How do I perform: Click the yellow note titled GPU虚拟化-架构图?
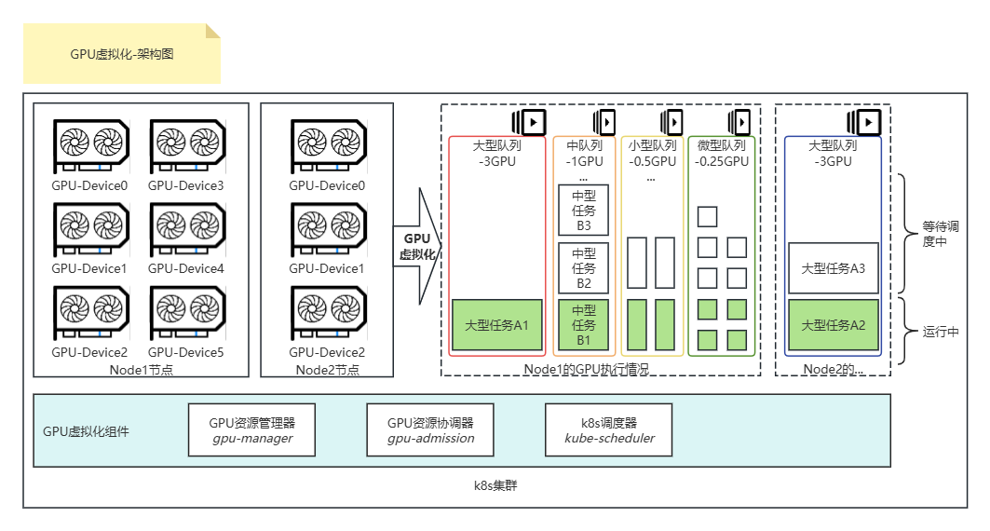pos(121,54)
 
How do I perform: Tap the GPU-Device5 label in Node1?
pos(185,352)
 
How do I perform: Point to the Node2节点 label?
pos(327,369)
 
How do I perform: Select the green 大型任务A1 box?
pos(496,325)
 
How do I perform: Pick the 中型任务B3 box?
pos(583,210)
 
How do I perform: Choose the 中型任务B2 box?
pos(583,267)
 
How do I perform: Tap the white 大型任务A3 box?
pos(834,267)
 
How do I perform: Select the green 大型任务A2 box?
pos(834,325)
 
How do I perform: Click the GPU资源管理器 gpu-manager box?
pos(251,429)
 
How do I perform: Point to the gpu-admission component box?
pos(430,429)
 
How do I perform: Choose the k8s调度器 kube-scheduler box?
pos(609,429)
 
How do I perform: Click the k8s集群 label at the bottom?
pos(495,486)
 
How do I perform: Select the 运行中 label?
pos(941,332)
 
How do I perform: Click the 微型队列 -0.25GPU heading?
pos(721,153)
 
